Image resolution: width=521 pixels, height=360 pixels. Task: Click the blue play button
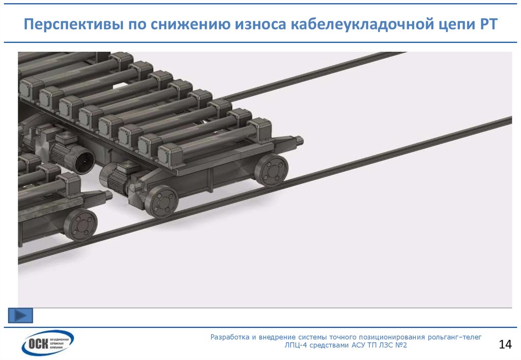click(x=20, y=315)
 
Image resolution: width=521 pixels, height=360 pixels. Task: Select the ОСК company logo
click(x=47, y=343)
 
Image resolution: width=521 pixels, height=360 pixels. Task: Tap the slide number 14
click(x=505, y=345)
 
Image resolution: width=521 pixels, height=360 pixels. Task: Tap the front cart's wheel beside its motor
click(x=162, y=201)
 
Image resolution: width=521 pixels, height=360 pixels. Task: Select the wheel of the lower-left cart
click(x=81, y=224)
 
